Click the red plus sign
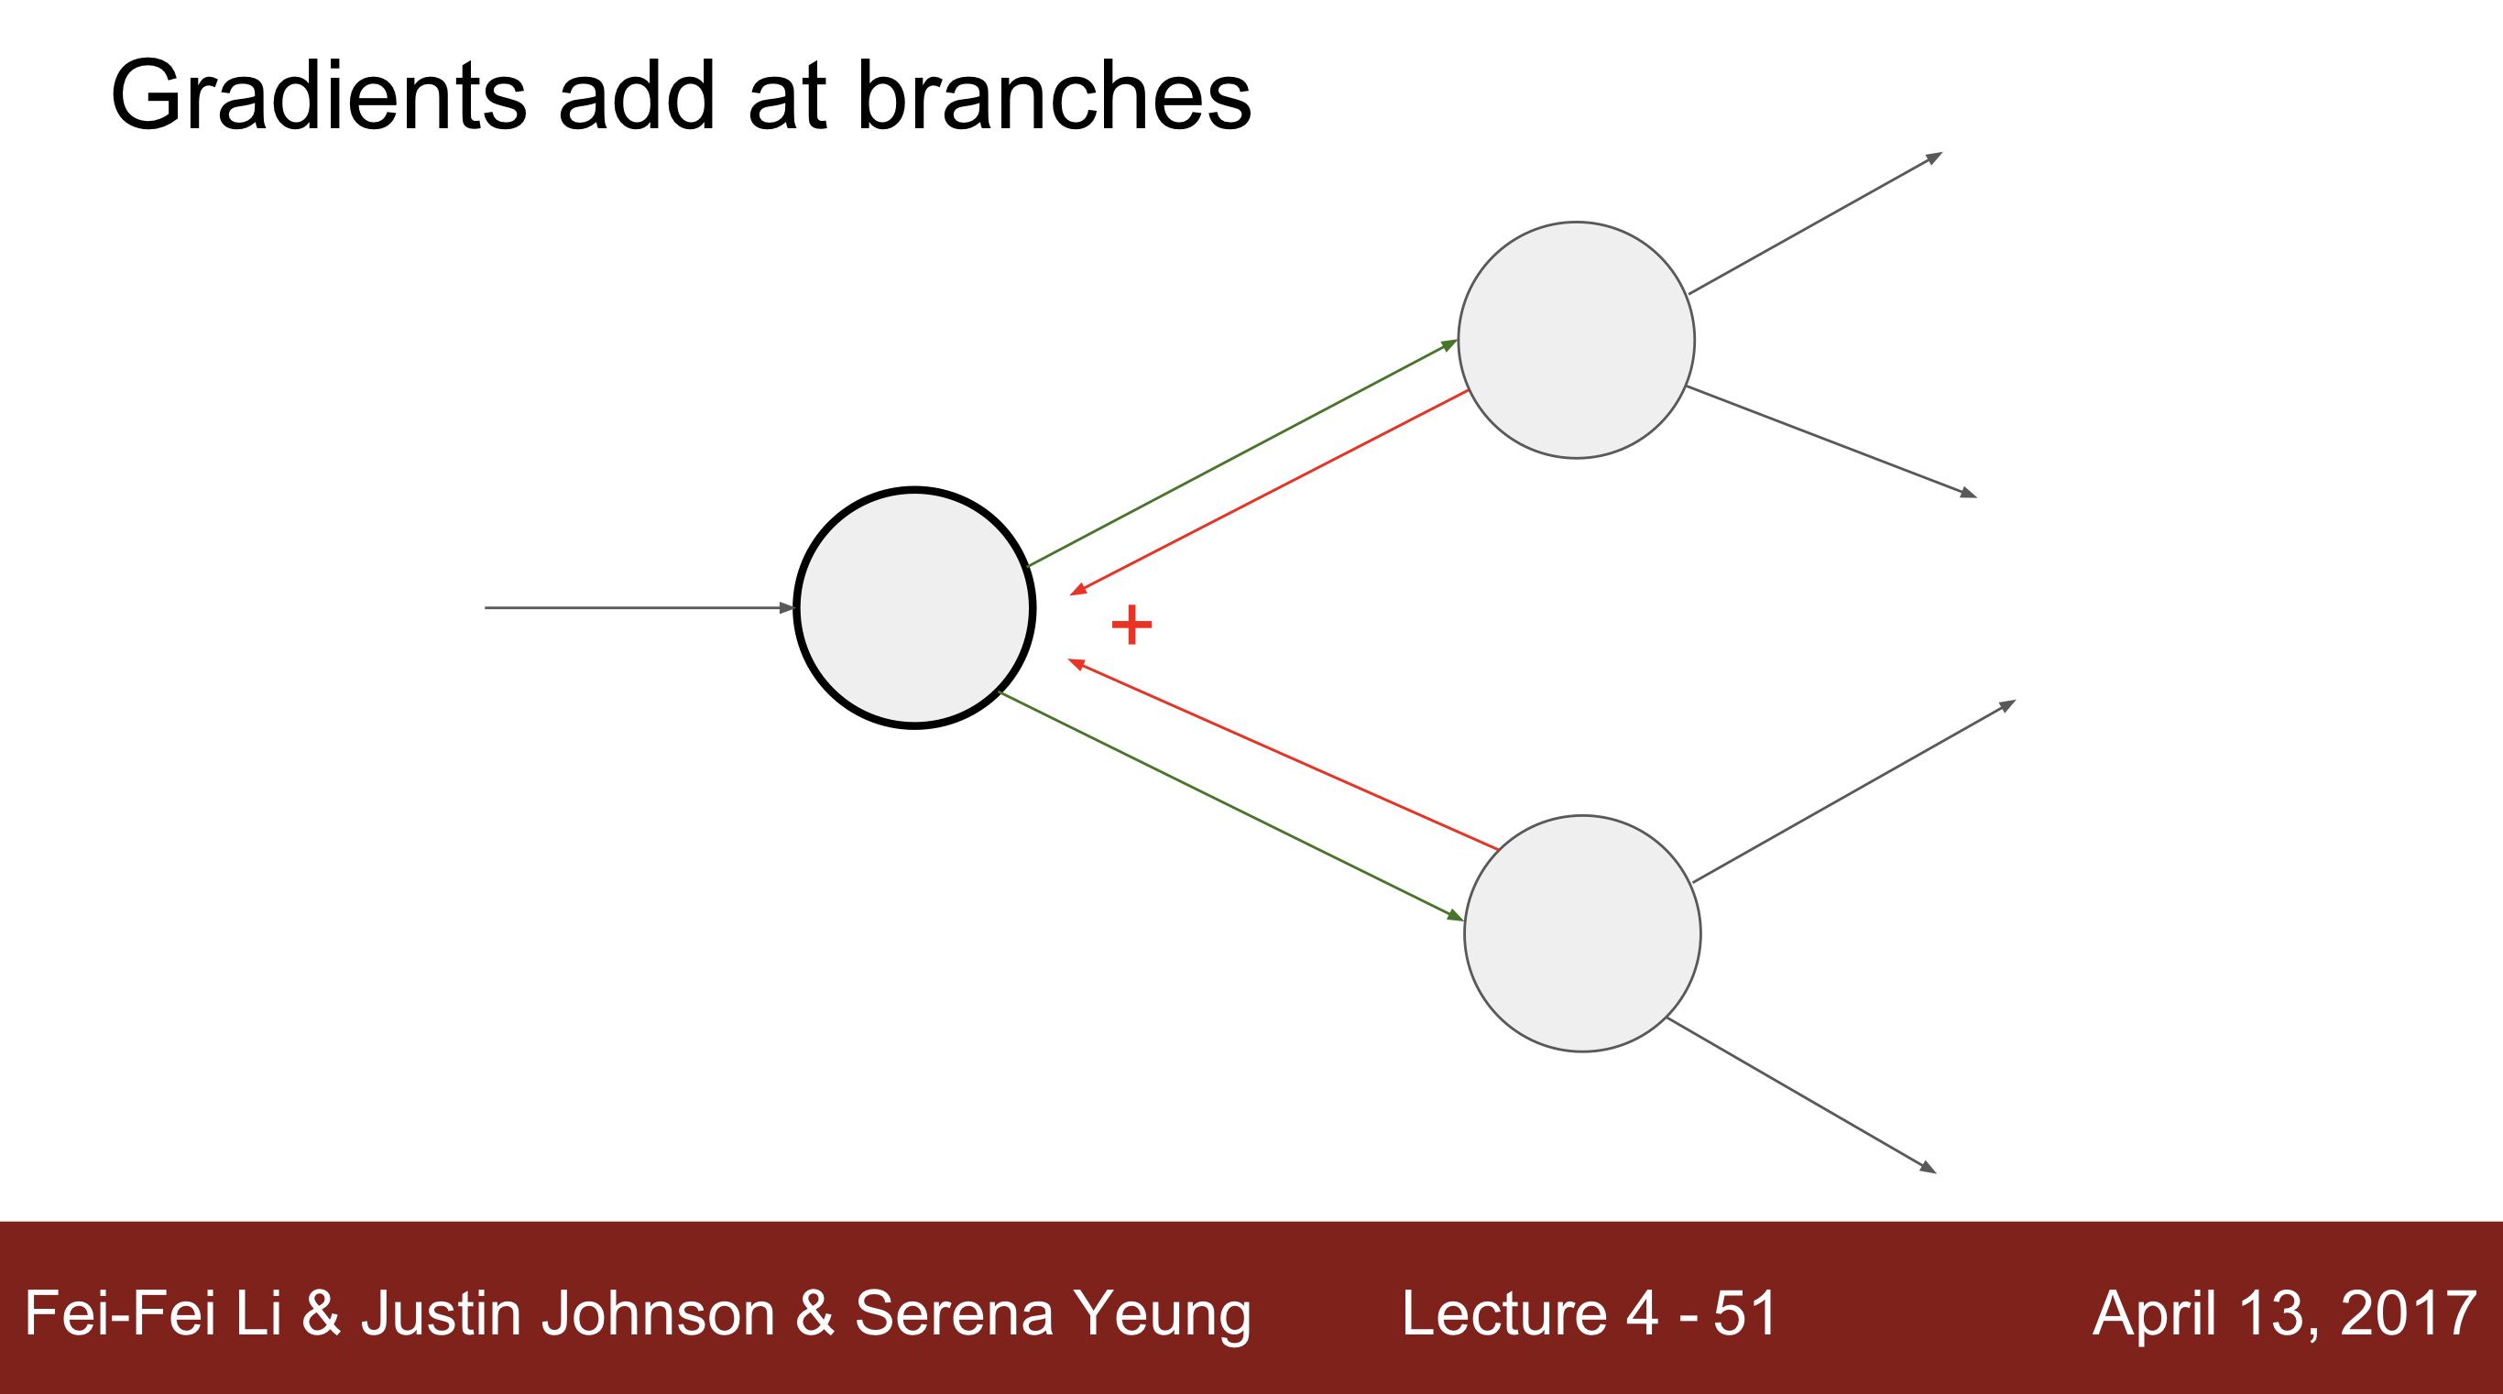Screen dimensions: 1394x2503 [1131, 625]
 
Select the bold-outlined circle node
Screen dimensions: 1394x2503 [914, 608]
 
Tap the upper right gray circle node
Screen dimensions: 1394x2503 [1576, 340]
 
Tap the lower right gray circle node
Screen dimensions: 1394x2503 [1582, 933]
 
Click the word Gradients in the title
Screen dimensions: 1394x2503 [319, 96]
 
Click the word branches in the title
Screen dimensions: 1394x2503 [1054, 96]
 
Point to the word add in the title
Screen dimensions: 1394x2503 [638, 96]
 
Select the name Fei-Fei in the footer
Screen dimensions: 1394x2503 [118, 1313]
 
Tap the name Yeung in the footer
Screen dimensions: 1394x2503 [1162, 1313]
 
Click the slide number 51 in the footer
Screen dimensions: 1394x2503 [1745, 1313]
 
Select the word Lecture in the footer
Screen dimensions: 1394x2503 [1504, 1313]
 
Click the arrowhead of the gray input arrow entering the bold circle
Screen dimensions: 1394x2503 [788, 608]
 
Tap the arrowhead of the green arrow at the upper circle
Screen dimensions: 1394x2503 [1449, 343]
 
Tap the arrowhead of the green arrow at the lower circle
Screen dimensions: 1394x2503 [1456, 915]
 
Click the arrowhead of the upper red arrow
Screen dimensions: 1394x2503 [1077, 590]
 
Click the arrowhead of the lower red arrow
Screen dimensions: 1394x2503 [1076, 663]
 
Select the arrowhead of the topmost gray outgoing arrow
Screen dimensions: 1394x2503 [1935, 157]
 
